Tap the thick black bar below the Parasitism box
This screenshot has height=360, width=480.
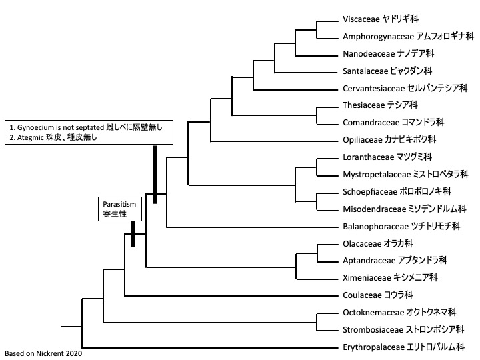pyautogui.click(x=133, y=234)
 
